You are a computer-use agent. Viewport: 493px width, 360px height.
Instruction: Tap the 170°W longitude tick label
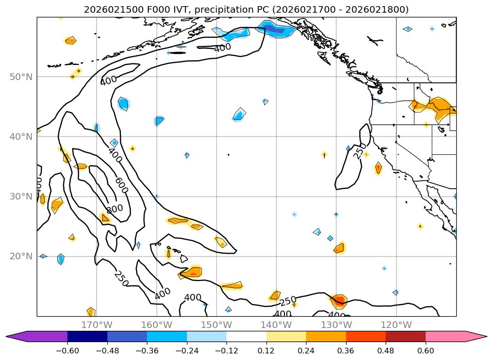tap(97, 325)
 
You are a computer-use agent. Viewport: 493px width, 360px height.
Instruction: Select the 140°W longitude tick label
tap(276, 325)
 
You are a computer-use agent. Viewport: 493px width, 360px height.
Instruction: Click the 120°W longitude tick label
tap(396, 325)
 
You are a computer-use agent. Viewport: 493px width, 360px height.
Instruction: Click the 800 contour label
tap(114, 208)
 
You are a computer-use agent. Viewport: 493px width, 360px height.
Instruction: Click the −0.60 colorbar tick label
tap(67, 351)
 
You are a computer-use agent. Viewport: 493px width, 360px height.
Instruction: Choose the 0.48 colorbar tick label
tap(386, 351)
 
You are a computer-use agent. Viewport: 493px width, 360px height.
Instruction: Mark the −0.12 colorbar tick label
tap(226, 351)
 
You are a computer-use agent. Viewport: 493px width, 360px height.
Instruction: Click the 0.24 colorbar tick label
tap(306, 351)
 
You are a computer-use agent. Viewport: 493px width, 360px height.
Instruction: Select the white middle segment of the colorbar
tap(246, 336)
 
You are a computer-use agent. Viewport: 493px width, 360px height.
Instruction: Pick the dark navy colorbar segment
tap(87, 336)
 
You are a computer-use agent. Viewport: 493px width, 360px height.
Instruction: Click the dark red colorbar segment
tap(405, 336)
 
